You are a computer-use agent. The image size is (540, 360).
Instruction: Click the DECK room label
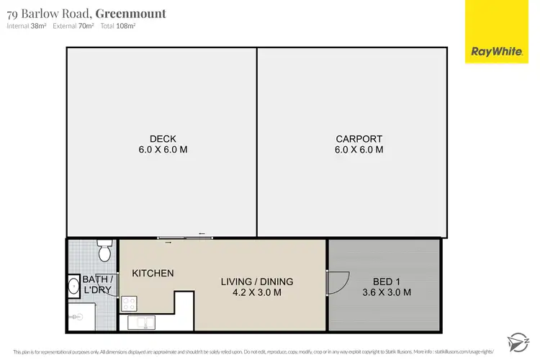[x=163, y=139]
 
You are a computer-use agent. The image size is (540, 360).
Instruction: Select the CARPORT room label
[x=359, y=139]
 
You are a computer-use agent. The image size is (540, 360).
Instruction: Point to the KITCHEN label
[x=153, y=273]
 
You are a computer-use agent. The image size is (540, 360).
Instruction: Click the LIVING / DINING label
[x=257, y=282]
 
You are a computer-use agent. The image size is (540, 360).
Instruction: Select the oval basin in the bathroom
[x=73, y=286]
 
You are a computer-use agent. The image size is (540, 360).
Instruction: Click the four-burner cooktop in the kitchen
[x=130, y=303]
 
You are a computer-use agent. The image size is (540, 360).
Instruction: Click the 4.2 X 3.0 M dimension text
[x=257, y=292]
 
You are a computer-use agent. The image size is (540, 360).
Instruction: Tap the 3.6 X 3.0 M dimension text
[x=387, y=292]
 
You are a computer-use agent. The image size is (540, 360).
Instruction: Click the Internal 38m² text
[x=27, y=26]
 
